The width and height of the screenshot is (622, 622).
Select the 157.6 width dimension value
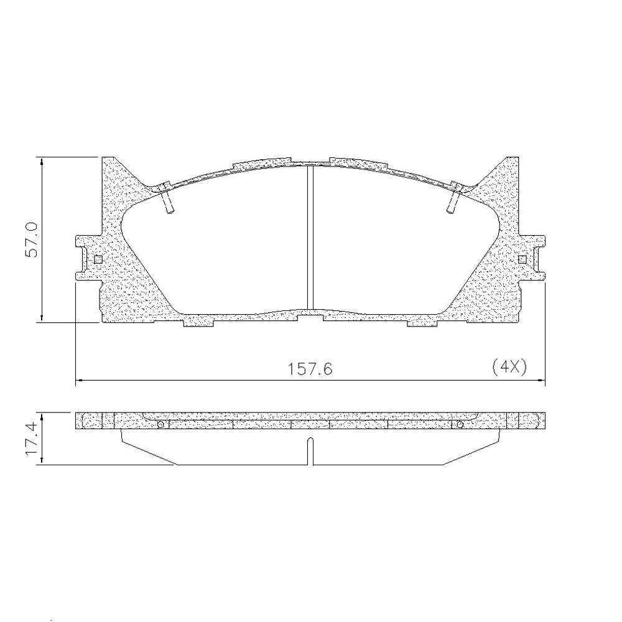tap(310, 369)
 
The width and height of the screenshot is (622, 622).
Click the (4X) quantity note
tap(509, 367)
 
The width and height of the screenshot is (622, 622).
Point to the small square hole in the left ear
tap(98, 259)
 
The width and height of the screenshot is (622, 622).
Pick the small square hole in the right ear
tap(522, 259)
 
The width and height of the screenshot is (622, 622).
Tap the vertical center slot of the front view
tap(310, 239)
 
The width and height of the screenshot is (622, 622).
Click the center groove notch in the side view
tap(310, 451)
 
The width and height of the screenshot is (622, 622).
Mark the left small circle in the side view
tap(160, 425)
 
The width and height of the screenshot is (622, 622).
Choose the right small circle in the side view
tap(460, 425)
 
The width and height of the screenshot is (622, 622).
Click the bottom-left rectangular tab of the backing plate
tap(198, 321)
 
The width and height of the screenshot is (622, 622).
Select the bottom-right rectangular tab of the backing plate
tap(422, 321)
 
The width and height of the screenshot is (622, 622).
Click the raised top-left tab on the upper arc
tap(261, 164)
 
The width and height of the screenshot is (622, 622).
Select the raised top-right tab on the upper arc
tap(358, 164)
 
